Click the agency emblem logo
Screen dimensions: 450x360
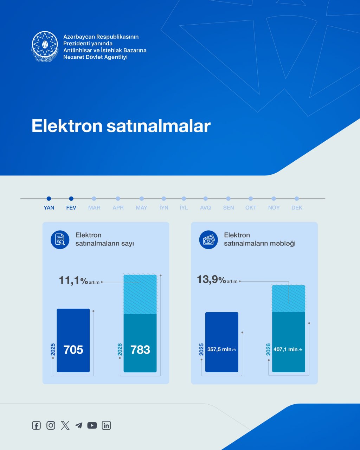(x=45, y=46)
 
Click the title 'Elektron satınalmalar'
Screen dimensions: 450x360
(x=121, y=126)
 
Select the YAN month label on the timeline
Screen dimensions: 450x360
(x=49, y=208)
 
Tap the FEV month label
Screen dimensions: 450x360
(x=71, y=208)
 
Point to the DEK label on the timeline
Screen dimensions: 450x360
(x=297, y=208)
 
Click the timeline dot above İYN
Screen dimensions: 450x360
(x=164, y=199)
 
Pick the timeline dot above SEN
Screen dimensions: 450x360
(x=229, y=199)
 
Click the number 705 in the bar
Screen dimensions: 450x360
(x=73, y=350)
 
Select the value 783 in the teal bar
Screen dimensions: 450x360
(x=140, y=350)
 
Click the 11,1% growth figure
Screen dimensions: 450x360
(x=73, y=281)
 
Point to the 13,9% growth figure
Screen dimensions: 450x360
(x=211, y=279)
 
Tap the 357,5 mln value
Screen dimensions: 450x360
(x=221, y=349)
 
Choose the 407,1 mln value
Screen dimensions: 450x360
(x=288, y=349)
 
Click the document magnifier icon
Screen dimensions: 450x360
(x=60, y=240)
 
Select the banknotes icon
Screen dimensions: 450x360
(x=208, y=240)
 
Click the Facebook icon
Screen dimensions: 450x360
(x=36, y=425)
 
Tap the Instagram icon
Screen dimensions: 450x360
(x=51, y=425)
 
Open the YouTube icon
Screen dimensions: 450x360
(x=92, y=425)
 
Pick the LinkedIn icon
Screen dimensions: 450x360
(x=106, y=425)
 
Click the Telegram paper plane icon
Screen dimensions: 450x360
(x=79, y=425)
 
